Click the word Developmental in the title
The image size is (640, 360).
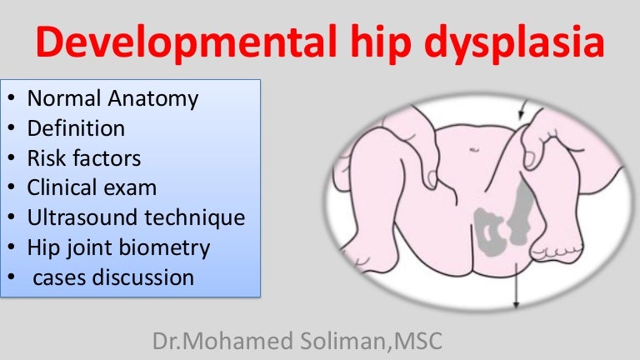[x=186, y=42]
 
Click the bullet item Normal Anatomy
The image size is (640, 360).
[x=112, y=99]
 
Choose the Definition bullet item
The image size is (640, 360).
[x=76, y=128]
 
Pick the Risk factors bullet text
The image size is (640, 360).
[x=84, y=158]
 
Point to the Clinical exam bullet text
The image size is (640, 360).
[x=92, y=187]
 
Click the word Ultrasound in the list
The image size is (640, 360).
[x=82, y=217]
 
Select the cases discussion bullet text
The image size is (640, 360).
[x=113, y=277]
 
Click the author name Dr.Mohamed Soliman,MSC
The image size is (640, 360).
[x=297, y=341]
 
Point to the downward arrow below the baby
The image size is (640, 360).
[x=517, y=285]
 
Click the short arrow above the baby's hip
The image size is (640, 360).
[x=522, y=110]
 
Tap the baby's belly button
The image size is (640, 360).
[x=474, y=150]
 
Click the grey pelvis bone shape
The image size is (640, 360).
[x=490, y=231]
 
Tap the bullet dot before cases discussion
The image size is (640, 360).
[x=12, y=277]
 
